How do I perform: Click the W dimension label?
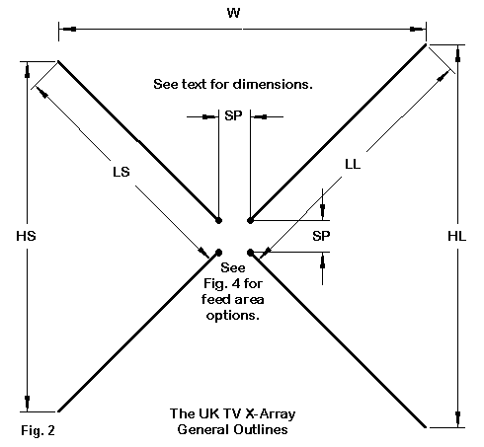tap(233, 13)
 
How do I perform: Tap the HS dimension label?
tap(26, 236)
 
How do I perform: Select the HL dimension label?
tap(457, 236)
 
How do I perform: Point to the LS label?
tap(121, 172)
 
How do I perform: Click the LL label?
tap(353, 164)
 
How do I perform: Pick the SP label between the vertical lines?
tap(233, 115)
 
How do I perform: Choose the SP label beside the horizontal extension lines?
tap(321, 236)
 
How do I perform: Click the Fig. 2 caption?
tap(38, 430)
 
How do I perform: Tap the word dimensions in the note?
tap(273, 84)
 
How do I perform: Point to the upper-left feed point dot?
tap(218, 220)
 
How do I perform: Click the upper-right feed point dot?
tap(250, 220)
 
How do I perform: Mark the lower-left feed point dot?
tap(218, 253)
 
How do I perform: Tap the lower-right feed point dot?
tap(250, 253)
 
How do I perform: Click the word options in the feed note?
tap(232, 316)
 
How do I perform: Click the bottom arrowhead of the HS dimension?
tap(27, 403)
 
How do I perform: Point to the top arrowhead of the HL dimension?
tap(457, 54)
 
